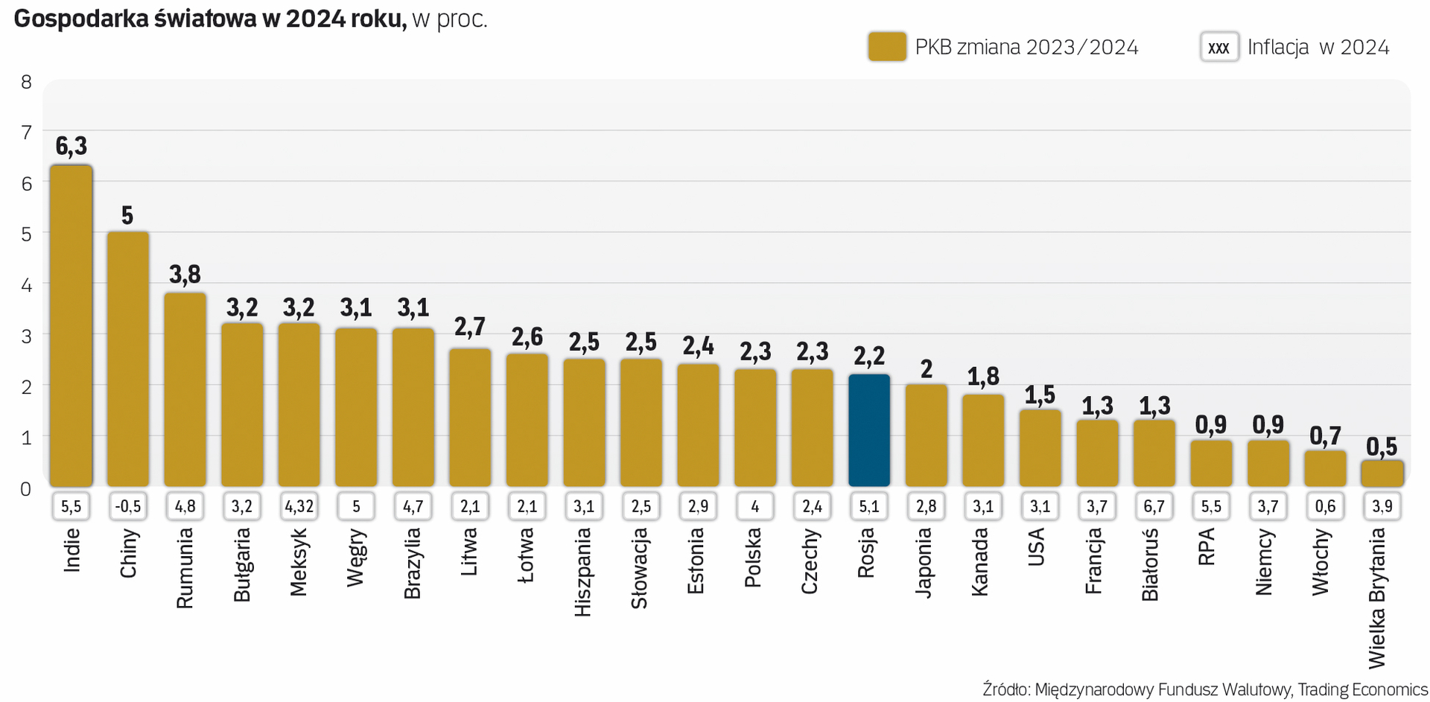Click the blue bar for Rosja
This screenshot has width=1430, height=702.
869,430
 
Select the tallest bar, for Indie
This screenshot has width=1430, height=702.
71,325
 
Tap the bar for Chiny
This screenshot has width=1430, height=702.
127,359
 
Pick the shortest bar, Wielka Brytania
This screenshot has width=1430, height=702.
1382,473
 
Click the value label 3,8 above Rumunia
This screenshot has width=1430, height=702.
185,275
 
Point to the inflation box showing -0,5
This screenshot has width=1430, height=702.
127,507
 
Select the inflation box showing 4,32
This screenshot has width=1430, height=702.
299,507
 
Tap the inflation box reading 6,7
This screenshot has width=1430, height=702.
1154,507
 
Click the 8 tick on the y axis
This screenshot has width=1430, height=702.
26,82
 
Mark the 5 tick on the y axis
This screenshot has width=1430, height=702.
26,234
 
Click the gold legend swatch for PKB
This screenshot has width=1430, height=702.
887,47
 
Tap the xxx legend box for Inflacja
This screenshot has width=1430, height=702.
1219,47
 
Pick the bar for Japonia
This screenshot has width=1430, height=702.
927,435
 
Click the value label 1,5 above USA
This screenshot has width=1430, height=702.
1040,395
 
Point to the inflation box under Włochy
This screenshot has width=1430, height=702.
1325,507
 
